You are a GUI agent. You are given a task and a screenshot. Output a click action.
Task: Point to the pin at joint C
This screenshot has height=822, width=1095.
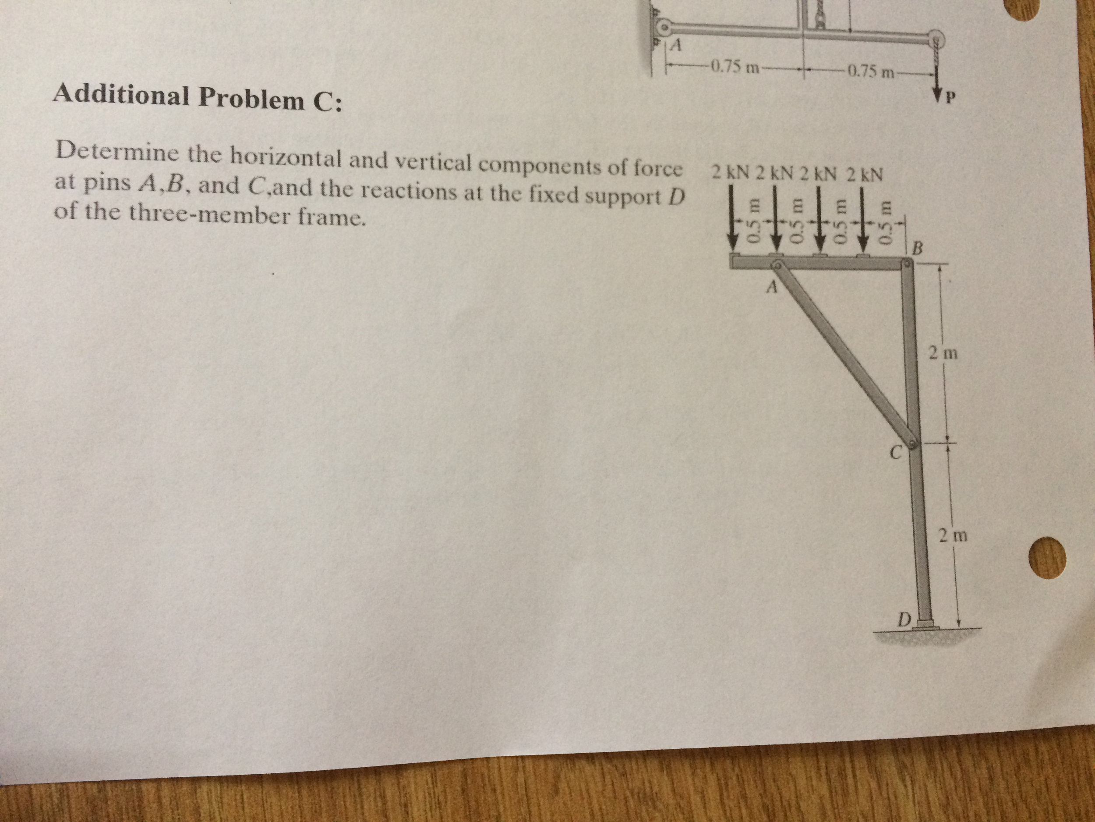(x=912, y=444)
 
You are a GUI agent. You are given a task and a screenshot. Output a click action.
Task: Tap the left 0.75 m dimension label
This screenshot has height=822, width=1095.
(x=731, y=66)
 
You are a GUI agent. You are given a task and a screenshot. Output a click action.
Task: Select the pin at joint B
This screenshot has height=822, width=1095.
(x=905, y=267)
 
